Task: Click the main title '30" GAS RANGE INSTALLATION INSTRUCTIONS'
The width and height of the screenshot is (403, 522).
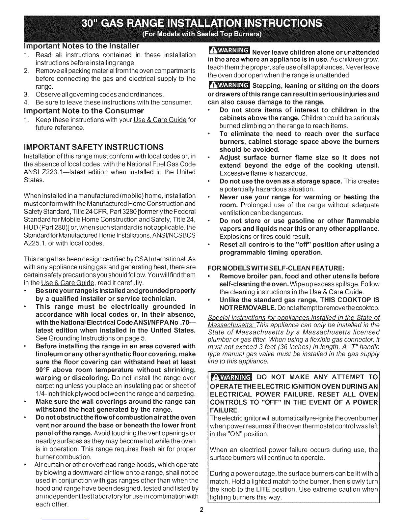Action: pos(201,24)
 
